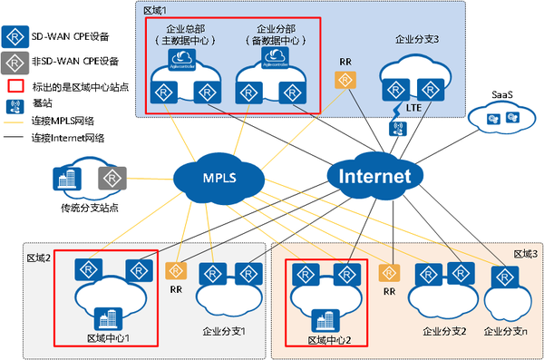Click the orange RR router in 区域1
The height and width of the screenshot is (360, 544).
345,81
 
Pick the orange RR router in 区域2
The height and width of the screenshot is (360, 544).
176,270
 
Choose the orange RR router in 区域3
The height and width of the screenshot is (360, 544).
389,271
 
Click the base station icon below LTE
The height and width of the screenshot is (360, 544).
396,128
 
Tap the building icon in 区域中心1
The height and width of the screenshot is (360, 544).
109,317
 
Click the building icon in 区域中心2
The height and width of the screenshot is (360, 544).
323,319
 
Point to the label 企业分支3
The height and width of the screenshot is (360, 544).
417,40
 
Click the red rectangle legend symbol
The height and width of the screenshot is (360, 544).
15,86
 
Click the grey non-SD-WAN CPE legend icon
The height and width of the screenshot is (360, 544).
15,62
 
